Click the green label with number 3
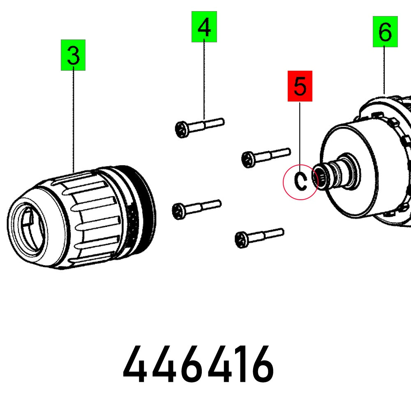coord(73,55)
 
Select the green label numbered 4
coord(204,27)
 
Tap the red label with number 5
coord(300,86)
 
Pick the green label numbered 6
coord(385,32)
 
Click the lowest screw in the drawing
coord(259,236)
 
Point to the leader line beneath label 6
coord(385,70)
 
